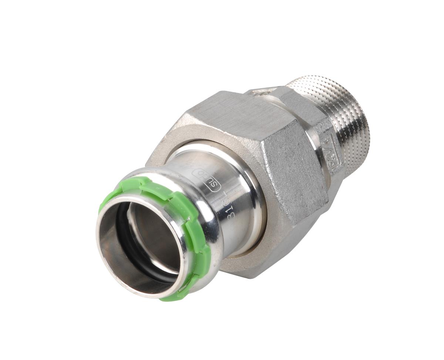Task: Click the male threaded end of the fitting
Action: (333, 111)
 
